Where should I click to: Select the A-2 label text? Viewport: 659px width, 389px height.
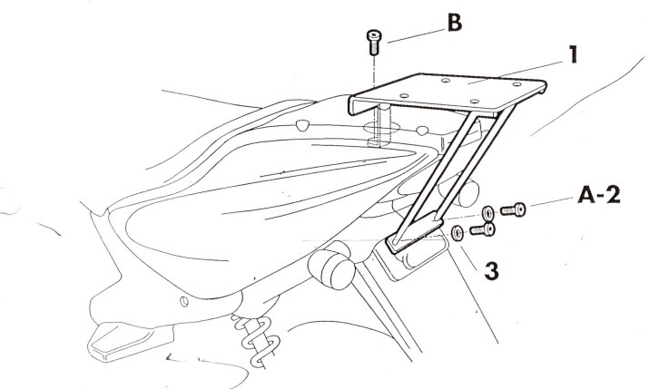point(596,195)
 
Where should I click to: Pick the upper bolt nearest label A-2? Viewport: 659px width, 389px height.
point(512,209)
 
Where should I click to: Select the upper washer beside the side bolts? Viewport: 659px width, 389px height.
point(488,213)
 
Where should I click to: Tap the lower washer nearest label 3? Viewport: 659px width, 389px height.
point(457,234)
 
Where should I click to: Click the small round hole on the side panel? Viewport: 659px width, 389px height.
point(184,300)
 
